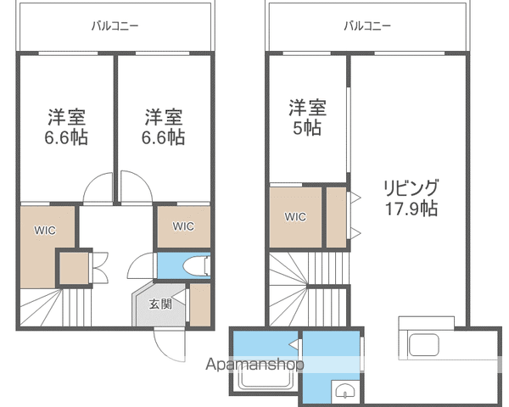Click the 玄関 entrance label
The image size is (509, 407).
pyautogui.click(x=160, y=304)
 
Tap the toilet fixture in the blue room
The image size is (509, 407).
pyautogui.click(x=196, y=266)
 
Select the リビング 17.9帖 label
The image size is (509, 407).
pyautogui.click(x=411, y=198)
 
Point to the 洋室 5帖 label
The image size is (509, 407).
pyautogui.click(x=307, y=118)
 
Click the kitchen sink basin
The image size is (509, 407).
pyautogui.click(x=423, y=345)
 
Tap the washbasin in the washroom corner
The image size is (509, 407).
pyautogui.click(x=344, y=390)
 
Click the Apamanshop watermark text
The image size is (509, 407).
pyautogui.click(x=255, y=365)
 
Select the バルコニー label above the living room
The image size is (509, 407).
pyautogui.click(x=367, y=25)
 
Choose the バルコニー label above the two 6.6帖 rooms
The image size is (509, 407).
pyautogui.click(x=115, y=25)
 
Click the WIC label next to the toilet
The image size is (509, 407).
pyautogui.click(x=183, y=226)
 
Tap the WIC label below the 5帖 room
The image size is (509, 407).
pyautogui.click(x=295, y=216)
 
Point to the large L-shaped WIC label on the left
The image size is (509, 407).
pyautogui.click(x=45, y=230)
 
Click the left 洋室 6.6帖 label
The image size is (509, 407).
pyautogui.click(x=66, y=127)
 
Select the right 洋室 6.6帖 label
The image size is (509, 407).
pyautogui.click(x=163, y=127)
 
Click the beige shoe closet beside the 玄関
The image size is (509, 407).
pyautogui.click(x=200, y=304)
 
